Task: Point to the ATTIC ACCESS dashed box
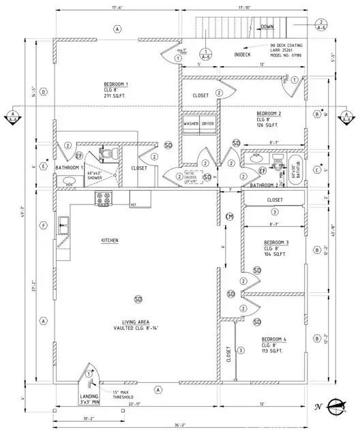click(x=194, y=177)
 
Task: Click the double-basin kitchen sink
click(x=63, y=222)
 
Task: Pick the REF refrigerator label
click(x=134, y=203)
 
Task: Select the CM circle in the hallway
click(x=230, y=217)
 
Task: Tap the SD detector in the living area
click(x=138, y=299)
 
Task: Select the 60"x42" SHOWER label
click(x=93, y=176)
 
